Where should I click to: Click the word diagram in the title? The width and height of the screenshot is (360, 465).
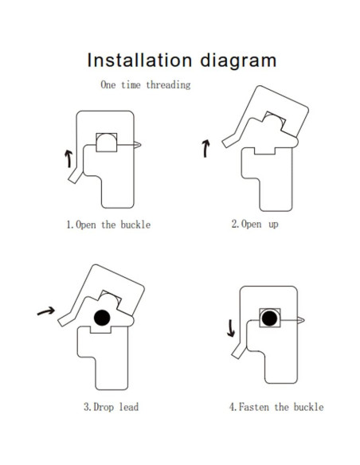(x=237, y=61)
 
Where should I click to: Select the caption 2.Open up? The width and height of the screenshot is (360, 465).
(x=255, y=225)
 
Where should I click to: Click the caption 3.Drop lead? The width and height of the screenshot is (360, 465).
(x=111, y=407)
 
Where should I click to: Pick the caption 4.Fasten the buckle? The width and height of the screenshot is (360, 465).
(x=276, y=407)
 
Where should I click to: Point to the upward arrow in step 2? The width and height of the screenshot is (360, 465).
(x=207, y=147)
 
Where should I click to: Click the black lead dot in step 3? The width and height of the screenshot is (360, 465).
(x=102, y=318)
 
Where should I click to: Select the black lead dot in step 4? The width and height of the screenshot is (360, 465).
(x=270, y=318)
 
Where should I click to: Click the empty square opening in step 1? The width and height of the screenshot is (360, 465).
(x=107, y=143)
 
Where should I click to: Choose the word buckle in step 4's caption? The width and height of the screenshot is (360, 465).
(x=307, y=407)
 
